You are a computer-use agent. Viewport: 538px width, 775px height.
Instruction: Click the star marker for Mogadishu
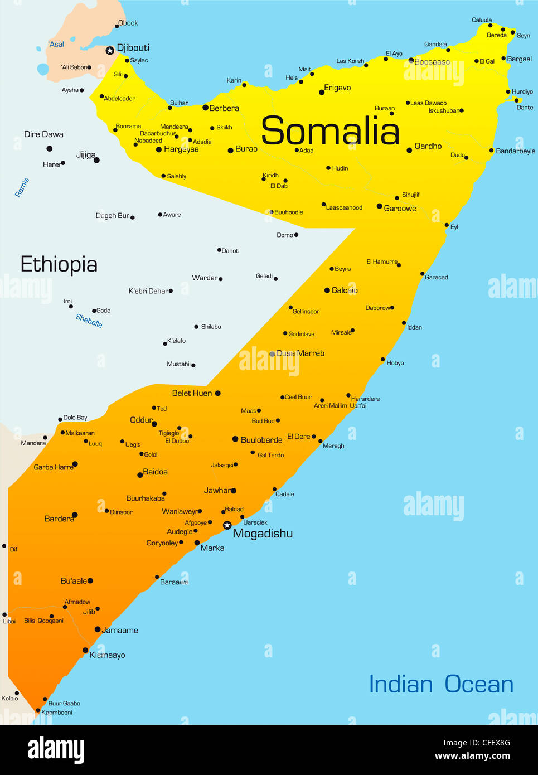[x=227, y=525]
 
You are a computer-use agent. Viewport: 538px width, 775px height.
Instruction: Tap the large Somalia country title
[x=330, y=132]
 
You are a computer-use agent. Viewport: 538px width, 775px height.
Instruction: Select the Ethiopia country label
[x=59, y=264]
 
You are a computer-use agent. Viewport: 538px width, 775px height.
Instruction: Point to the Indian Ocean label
[x=441, y=684]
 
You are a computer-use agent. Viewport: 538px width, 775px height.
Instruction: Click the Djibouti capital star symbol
[x=110, y=51]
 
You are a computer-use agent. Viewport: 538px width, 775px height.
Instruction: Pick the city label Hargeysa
[x=181, y=149]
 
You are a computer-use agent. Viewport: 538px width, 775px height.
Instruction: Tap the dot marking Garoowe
[x=380, y=206]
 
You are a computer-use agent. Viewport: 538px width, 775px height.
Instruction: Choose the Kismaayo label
[x=107, y=655]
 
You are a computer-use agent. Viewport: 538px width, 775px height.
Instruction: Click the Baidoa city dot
[x=140, y=475]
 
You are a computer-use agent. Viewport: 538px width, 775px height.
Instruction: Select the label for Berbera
[x=224, y=108]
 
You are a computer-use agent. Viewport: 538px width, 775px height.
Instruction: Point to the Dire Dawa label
[x=43, y=134]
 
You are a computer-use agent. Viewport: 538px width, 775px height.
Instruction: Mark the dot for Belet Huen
[x=217, y=393]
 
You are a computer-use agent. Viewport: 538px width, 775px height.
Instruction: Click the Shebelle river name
[x=89, y=321]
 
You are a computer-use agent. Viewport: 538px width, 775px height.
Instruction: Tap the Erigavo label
[x=337, y=88]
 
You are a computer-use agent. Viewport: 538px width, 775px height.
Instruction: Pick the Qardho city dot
[x=409, y=150]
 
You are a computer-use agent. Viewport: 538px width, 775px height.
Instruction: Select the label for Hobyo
[x=395, y=363]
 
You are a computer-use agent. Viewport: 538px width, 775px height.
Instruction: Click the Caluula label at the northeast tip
[x=482, y=20]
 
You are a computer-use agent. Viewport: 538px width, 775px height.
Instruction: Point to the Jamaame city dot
[x=98, y=629]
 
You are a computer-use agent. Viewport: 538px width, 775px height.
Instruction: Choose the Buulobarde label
[x=261, y=440]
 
